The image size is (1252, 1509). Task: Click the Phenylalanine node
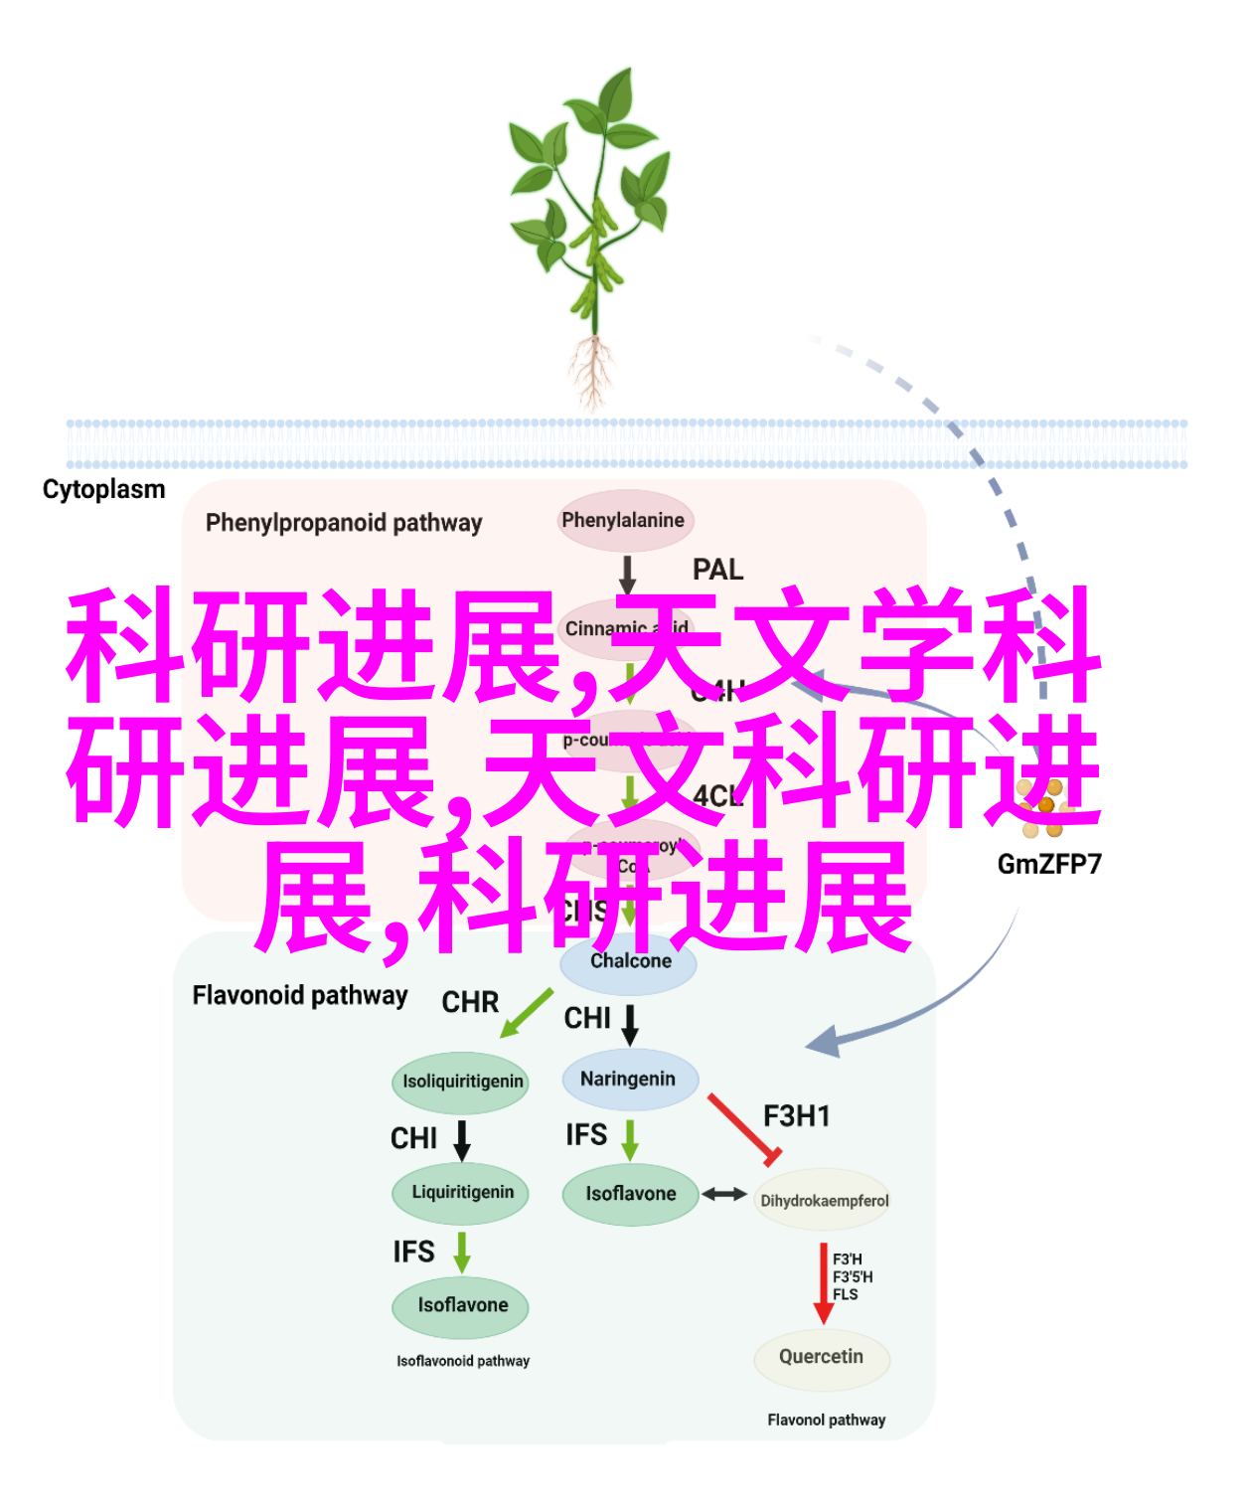pos(624,520)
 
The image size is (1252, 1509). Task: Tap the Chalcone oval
pos(630,961)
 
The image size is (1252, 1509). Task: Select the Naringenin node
pos(628,1079)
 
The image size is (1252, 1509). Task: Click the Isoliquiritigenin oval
pos(462,1082)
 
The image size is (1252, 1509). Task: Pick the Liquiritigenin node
pos(463,1192)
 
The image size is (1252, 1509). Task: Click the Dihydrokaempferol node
pos(824,1201)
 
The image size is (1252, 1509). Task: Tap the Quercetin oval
pos(821,1357)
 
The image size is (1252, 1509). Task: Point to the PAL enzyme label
pos(717,570)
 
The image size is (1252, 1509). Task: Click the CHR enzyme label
pos(470,1002)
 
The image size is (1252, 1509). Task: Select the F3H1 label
pos(796,1116)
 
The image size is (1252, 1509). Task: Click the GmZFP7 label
pos(1049,864)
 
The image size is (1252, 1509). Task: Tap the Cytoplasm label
pos(103,489)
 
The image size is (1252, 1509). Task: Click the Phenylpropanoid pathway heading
pos(344,523)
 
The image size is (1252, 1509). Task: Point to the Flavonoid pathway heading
pos(300,995)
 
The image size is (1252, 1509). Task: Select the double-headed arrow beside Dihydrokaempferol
pos(724,1194)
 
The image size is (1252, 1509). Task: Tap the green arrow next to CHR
pos(526,1013)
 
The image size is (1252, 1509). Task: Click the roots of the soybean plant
pos(592,373)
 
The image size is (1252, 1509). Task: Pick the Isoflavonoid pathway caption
pos(463,1361)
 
